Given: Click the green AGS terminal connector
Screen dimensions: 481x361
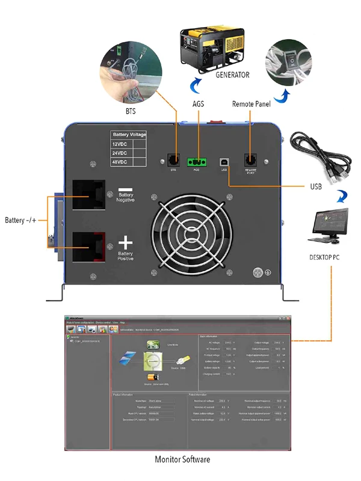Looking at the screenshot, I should (x=196, y=162).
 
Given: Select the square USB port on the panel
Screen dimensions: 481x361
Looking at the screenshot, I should (x=223, y=161).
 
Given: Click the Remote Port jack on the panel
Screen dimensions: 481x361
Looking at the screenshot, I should (x=250, y=161).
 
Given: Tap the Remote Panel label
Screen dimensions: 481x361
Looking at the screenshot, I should (x=251, y=104).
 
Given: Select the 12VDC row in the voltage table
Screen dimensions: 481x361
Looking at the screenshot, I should (x=120, y=144).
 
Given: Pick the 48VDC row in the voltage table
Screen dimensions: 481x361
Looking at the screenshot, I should (x=120, y=162).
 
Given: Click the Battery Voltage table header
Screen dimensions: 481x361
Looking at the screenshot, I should (x=129, y=135).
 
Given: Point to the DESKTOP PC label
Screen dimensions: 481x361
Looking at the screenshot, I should (x=327, y=257).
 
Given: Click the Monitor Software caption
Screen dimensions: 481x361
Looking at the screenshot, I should (x=183, y=459).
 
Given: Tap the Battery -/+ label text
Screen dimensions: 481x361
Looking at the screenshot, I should (x=21, y=221).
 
